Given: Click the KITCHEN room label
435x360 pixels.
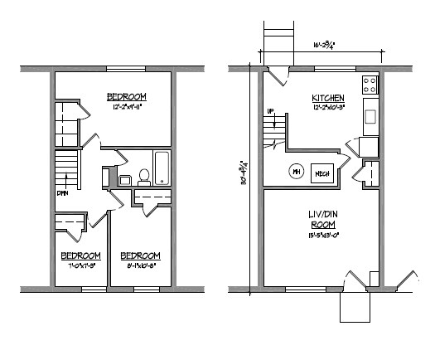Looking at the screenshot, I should (x=328, y=98).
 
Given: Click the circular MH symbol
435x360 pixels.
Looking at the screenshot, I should (x=296, y=173).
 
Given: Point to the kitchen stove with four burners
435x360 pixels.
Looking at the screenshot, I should (x=369, y=85).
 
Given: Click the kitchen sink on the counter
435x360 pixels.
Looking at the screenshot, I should (x=370, y=115).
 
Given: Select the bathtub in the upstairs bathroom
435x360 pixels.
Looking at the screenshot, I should (x=162, y=168).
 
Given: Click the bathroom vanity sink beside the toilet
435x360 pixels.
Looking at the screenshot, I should (x=124, y=178).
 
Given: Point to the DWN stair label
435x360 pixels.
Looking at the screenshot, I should (x=62, y=194).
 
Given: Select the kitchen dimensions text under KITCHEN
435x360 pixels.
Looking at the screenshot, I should (x=328, y=107).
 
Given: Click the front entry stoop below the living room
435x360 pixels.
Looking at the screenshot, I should (x=355, y=308).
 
